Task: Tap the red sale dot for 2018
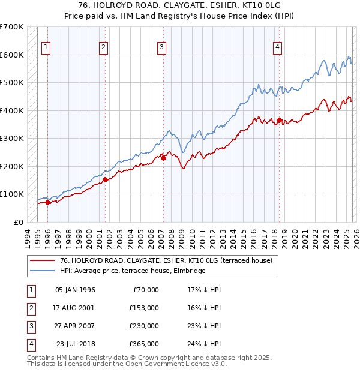tap(279, 121)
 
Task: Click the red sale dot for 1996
tap(47, 202)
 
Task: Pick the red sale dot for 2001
tap(106, 179)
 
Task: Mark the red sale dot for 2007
tap(164, 158)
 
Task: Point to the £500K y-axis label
tap(11, 83)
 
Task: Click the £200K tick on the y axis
tap(11, 166)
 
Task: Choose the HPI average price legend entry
tap(133, 271)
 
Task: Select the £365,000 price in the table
tap(144, 344)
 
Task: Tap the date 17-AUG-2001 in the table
tap(75, 308)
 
